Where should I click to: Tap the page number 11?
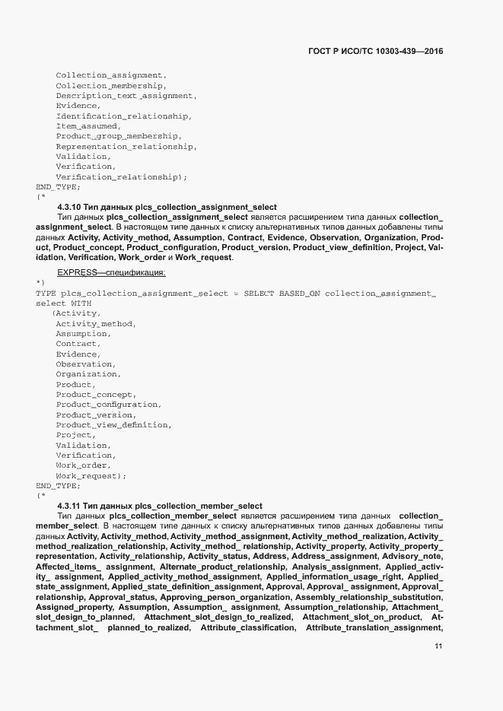(x=438, y=646)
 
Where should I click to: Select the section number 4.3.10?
(x=69, y=208)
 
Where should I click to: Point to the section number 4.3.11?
(x=69, y=506)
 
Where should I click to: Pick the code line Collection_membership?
(x=110, y=86)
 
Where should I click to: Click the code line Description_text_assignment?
(x=126, y=96)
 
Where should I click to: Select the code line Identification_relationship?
(x=123, y=116)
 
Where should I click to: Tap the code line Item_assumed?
(x=88, y=126)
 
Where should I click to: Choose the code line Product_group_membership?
(x=118, y=136)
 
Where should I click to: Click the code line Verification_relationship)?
(x=121, y=177)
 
